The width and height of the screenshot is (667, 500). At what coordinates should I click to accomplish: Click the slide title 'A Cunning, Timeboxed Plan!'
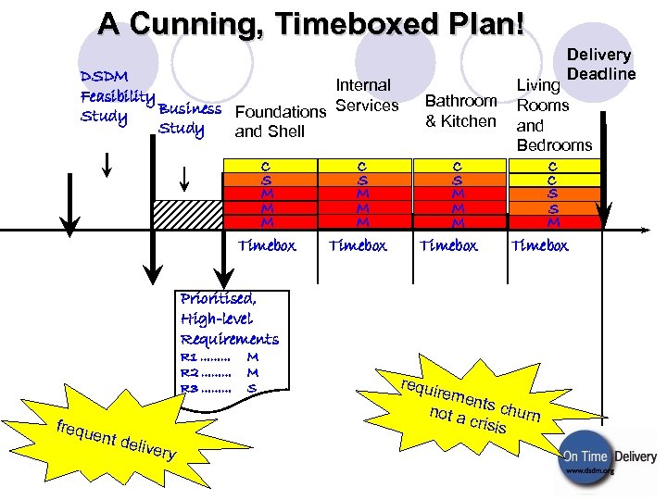click(312, 25)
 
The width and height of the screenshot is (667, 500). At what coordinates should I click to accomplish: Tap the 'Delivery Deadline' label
click(599, 65)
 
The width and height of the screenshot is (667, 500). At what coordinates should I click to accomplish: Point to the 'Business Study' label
click(188, 119)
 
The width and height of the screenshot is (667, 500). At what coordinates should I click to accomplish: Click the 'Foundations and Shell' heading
click(280, 121)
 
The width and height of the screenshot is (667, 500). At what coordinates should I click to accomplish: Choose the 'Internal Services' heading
click(366, 95)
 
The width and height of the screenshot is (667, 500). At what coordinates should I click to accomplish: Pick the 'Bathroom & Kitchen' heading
click(460, 110)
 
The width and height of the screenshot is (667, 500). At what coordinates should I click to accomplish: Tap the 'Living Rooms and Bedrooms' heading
click(553, 116)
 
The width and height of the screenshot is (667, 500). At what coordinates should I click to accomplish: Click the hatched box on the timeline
click(186, 216)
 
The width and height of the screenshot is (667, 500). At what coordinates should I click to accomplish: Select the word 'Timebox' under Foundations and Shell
click(267, 246)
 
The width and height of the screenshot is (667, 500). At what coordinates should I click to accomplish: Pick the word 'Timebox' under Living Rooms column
click(539, 246)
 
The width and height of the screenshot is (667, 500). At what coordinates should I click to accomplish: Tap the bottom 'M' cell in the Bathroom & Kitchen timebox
click(458, 222)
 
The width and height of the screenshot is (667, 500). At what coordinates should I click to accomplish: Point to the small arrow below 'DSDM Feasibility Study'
click(108, 165)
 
